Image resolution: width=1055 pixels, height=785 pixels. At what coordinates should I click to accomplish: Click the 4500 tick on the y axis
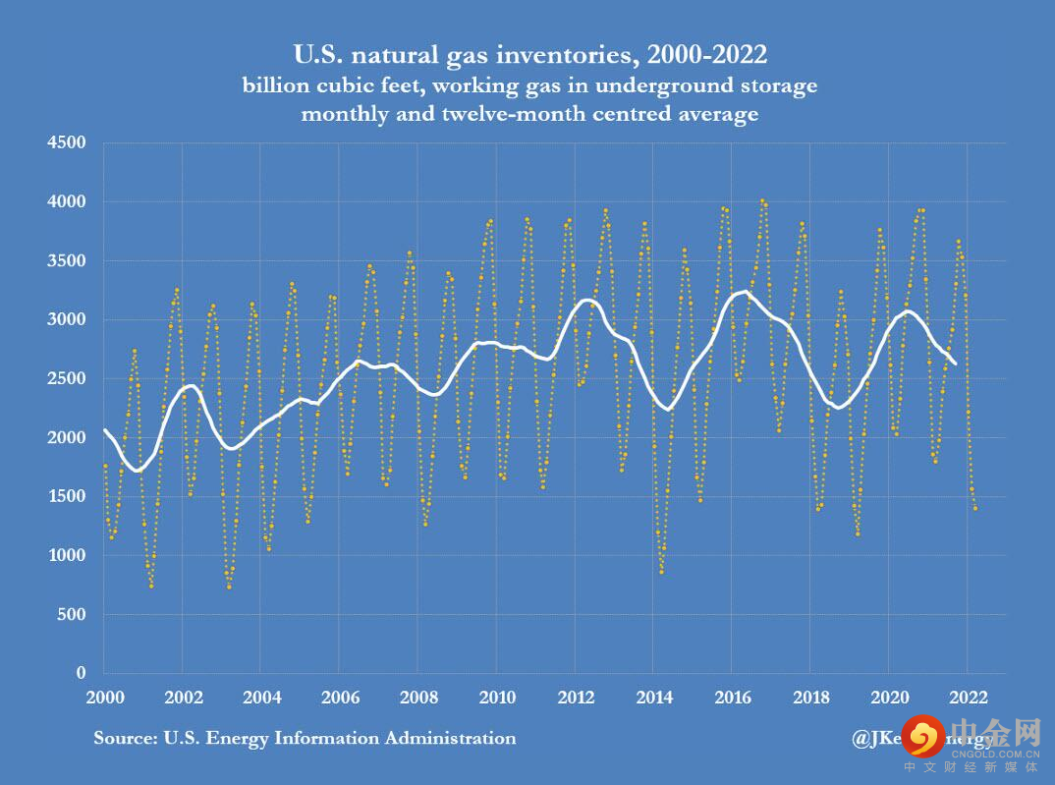(x=70, y=143)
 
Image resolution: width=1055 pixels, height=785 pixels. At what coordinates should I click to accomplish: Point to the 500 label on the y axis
(x=74, y=615)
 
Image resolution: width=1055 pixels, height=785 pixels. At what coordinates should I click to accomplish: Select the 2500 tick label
(x=70, y=379)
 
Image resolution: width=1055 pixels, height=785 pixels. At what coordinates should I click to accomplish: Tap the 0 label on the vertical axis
(x=83, y=674)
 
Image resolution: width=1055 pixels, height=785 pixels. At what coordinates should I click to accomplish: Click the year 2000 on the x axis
(x=104, y=699)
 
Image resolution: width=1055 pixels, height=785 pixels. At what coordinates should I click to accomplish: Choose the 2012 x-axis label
(x=576, y=699)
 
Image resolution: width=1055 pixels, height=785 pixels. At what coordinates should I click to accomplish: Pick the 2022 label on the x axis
(x=968, y=699)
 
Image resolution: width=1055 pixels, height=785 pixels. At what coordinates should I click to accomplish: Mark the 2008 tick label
(x=418, y=699)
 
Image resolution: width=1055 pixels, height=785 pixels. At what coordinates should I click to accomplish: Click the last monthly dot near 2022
(x=975, y=508)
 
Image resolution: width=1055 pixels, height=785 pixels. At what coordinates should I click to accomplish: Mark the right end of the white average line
(x=955, y=364)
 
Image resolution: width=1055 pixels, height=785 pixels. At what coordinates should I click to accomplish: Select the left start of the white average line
(x=105, y=430)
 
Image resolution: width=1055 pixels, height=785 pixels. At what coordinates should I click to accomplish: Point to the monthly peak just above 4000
(x=762, y=200)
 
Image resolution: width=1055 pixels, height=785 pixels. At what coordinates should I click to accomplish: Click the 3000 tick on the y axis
(x=70, y=320)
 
